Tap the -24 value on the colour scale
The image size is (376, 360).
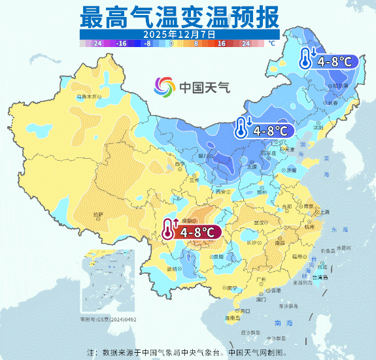(x=97, y=43)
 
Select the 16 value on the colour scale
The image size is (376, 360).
(x=221, y=43)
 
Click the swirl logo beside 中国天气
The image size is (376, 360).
(x=165, y=86)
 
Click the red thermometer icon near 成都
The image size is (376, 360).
(x=169, y=231)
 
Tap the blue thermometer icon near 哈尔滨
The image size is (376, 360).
(x=305, y=59)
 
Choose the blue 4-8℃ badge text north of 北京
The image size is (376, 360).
(x=270, y=130)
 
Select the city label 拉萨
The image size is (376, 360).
(x=98, y=214)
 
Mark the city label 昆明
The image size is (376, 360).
(x=173, y=269)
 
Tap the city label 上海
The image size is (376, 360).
(x=324, y=212)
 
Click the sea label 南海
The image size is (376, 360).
(x=284, y=323)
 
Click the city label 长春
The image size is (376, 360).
(x=333, y=103)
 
